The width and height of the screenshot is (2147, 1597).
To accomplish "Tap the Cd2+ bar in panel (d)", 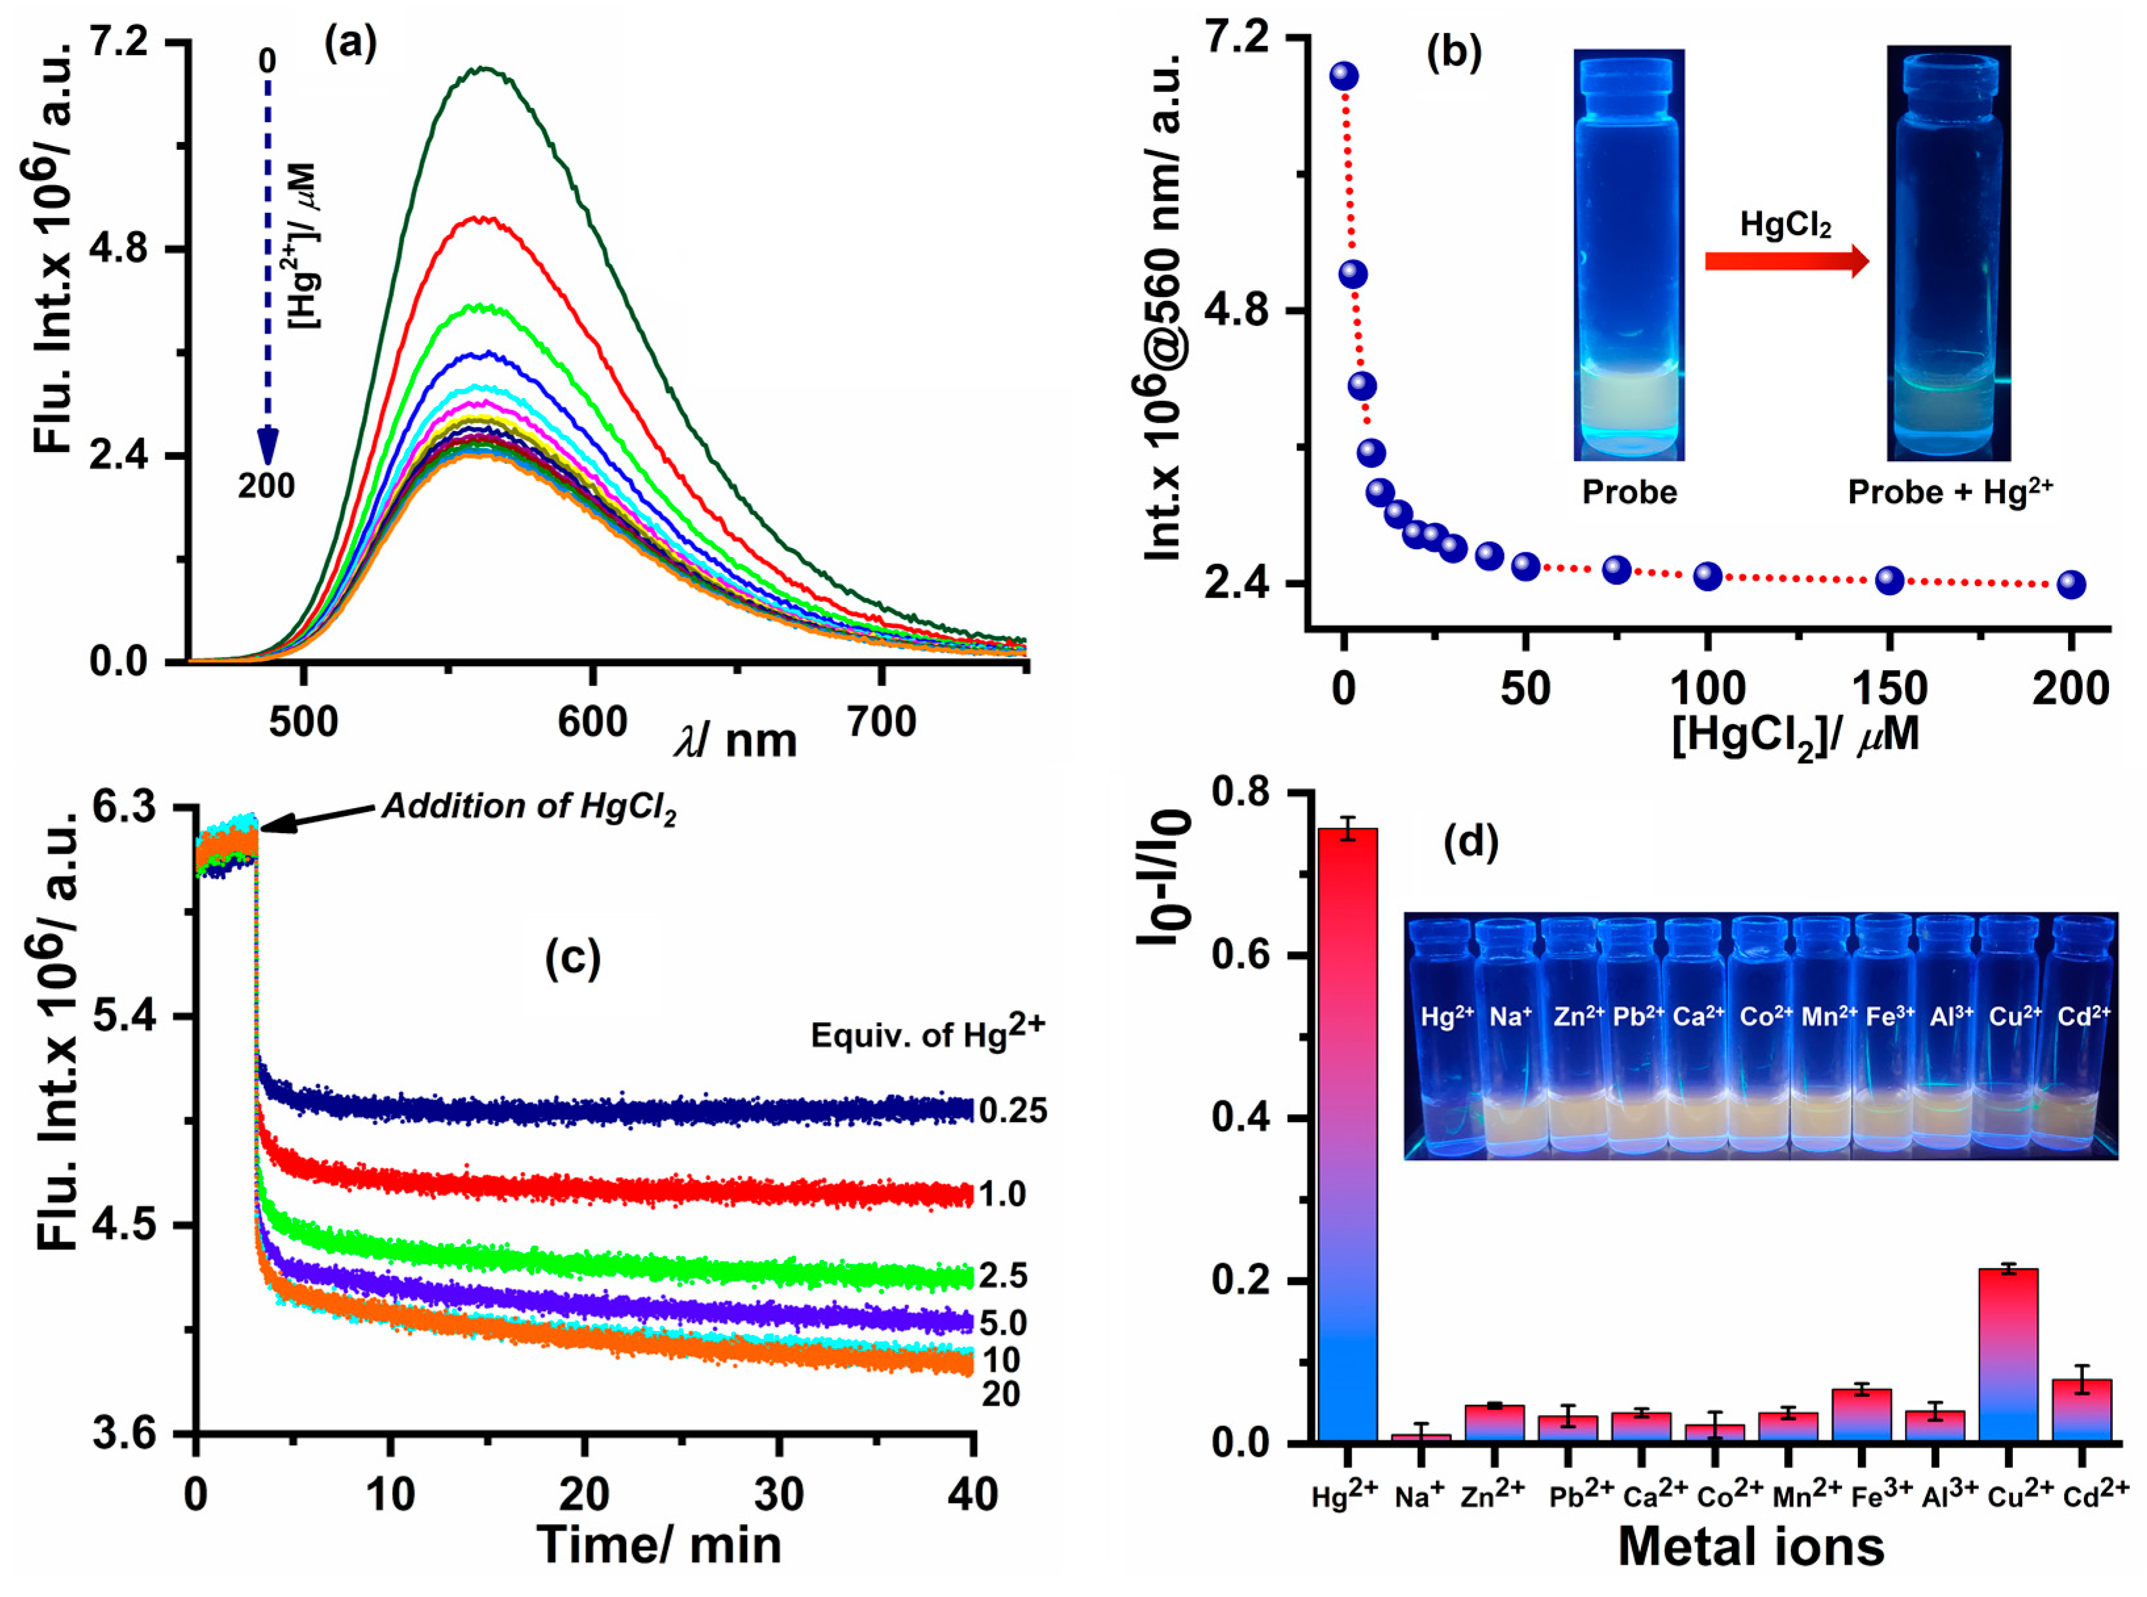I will (x=2082, y=1411).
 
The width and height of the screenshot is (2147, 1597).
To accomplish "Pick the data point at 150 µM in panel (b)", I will (x=1889, y=580).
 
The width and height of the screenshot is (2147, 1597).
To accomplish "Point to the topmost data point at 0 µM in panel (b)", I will (x=1344, y=76).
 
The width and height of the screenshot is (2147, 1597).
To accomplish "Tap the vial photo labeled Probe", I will (x=1629, y=256).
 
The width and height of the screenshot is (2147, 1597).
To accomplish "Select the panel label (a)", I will (x=350, y=43).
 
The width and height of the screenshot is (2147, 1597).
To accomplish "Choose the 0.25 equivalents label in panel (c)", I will (x=1012, y=1111).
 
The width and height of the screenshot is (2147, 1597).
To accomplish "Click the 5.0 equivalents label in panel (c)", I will (x=1003, y=1322).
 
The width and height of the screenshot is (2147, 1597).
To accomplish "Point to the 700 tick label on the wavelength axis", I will (x=880, y=722).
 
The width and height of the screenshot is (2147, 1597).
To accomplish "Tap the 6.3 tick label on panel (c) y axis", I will (x=123, y=807).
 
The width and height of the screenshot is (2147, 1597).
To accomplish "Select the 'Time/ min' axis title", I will (x=658, y=1543).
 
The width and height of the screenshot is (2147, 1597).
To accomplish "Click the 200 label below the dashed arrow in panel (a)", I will (x=266, y=485).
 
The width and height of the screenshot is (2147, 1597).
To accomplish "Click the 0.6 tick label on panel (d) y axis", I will (x=1240, y=955).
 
